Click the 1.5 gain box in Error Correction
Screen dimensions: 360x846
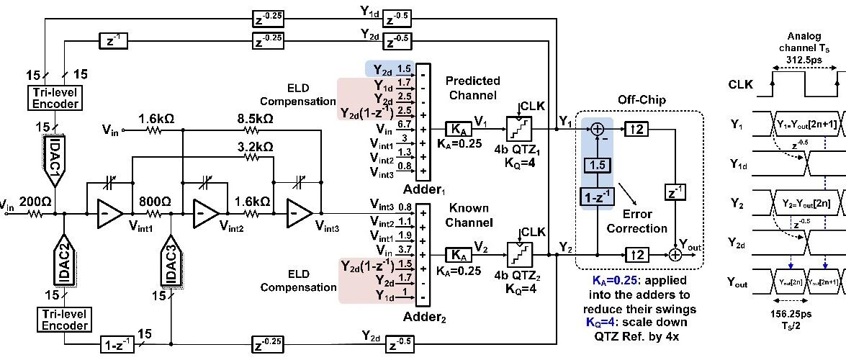tap(598, 165)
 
